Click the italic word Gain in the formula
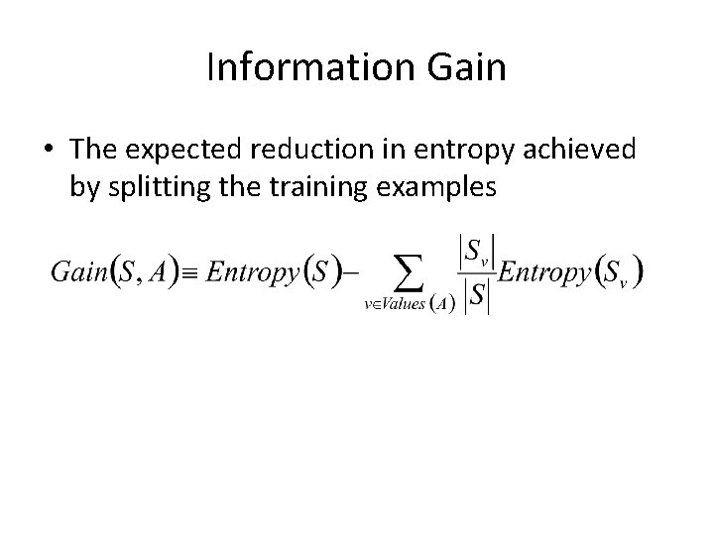(77, 271)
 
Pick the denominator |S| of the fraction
(475, 296)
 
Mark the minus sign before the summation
(354, 272)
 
